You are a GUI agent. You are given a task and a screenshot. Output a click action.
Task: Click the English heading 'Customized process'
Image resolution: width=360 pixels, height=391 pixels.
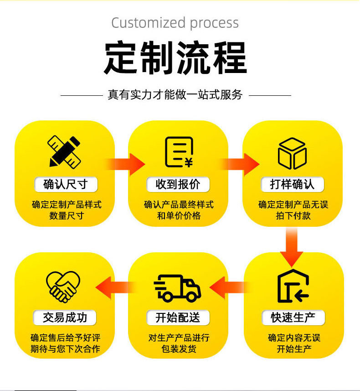pyautogui.click(x=175, y=23)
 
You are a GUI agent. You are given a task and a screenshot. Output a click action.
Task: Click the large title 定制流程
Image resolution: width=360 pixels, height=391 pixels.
pyautogui.click(x=175, y=58)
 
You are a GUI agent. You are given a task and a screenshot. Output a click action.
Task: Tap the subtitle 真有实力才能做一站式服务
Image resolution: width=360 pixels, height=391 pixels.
pyautogui.click(x=175, y=95)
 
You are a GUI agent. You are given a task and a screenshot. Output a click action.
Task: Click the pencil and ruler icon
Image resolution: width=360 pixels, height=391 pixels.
pyautogui.click(x=65, y=151)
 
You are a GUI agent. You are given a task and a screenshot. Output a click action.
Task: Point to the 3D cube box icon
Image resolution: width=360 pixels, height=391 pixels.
pyautogui.click(x=292, y=153)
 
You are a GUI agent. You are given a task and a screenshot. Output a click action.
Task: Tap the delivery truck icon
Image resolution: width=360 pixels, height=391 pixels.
pyautogui.click(x=178, y=287)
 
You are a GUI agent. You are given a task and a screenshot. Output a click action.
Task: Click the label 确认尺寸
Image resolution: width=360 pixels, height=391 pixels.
pyautogui.click(x=65, y=184)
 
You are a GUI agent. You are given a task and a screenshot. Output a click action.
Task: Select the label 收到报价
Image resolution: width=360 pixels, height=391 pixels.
pyautogui.click(x=178, y=184)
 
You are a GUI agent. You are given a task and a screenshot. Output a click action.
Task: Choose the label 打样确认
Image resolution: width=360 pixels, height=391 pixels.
pyautogui.click(x=292, y=184)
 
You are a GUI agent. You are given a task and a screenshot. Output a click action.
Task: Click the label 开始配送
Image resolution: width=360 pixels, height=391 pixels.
pyautogui.click(x=178, y=317)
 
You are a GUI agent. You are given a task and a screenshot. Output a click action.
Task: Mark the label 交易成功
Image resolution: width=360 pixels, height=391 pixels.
pyautogui.click(x=65, y=317)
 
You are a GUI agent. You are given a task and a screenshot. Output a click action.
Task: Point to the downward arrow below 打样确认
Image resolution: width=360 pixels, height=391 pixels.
pyautogui.click(x=292, y=246)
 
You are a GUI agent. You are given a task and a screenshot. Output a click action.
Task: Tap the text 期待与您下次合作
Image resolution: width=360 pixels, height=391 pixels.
pyautogui.click(x=65, y=349)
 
